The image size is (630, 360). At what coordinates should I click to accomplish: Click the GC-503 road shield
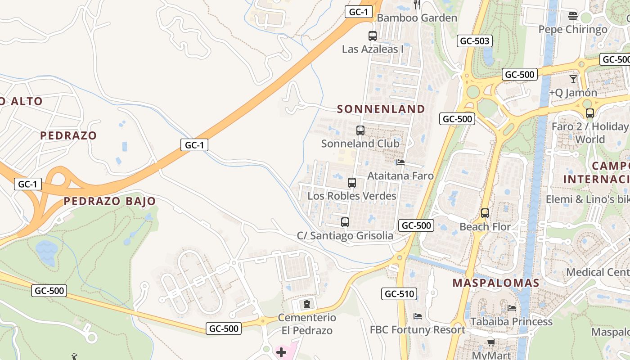pyautogui.click(x=474, y=41)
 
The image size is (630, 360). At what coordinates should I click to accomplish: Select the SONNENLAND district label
pyautogui.click(x=381, y=109)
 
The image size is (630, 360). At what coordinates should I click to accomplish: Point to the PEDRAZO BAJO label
pyautogui.click(x=109, y=201)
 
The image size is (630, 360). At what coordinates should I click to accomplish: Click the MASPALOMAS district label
pyautogui.click(x=495, y=283)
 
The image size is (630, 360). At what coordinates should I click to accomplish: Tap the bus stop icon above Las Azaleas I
pyautogui.click(x=373, y=36)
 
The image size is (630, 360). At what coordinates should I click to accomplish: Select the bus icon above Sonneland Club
pyautogui.click(x=360, y=130)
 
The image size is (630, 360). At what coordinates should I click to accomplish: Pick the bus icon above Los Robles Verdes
pyautogui.click(x=352, y=183)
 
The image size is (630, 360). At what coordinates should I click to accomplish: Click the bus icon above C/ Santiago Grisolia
pyautogui.click(x=345, y=222)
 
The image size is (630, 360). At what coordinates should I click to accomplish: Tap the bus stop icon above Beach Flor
pyautogui.click(x=485, y=213)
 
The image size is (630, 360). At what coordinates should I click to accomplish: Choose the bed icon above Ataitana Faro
pyautogui.click(x=400, y=162)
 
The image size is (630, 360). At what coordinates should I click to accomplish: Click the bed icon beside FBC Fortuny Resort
pyautogui.click(x=418, y=316)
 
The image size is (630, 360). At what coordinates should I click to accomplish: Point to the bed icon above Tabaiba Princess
pyautogui.click(x=512, y=308)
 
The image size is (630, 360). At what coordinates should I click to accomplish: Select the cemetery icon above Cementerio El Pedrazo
pyautogui.click(x=307, y=304)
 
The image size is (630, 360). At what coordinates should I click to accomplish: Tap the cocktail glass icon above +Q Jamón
pyautogui.click(x=573, y=79)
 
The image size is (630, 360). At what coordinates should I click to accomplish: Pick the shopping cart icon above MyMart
pyautogui.click(x=491, y=343)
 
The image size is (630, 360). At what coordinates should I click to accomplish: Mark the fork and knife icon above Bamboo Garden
pyautogui.click(x=417, y=5)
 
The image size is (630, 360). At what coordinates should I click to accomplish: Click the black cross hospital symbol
pyautogui.click(x=281, y=352)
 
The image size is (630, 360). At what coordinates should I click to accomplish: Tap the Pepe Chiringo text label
pyautogui.click(x=573, y=30)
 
